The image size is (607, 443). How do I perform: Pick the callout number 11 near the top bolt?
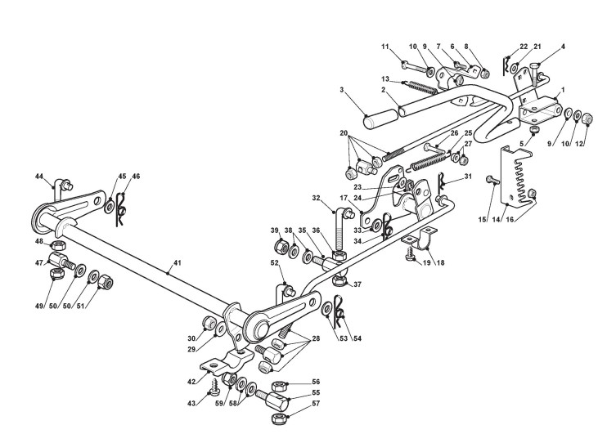(x=384, y=47)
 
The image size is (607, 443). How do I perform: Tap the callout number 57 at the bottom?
(x=315, y=404)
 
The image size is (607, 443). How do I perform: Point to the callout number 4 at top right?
(x=562, y=47)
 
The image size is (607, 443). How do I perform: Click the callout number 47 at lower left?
(x=39, y=262)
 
